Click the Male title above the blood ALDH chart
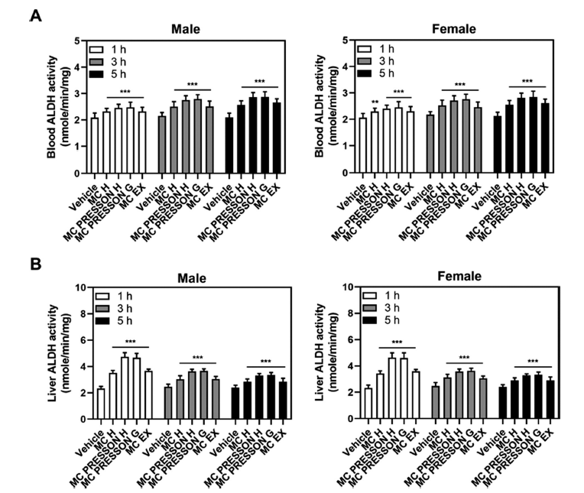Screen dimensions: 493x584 (186, 29)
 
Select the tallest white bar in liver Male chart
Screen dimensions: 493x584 (124, 388)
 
